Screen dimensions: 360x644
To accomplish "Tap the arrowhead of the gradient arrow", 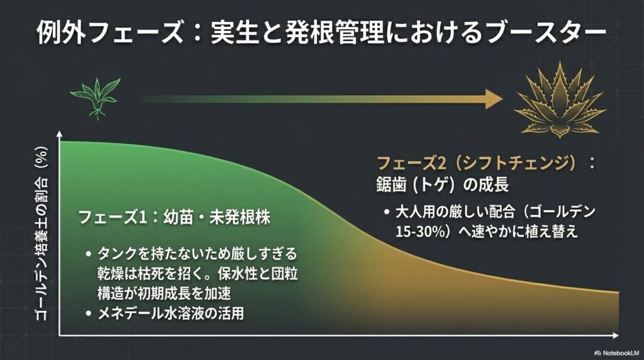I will point(494,98).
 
